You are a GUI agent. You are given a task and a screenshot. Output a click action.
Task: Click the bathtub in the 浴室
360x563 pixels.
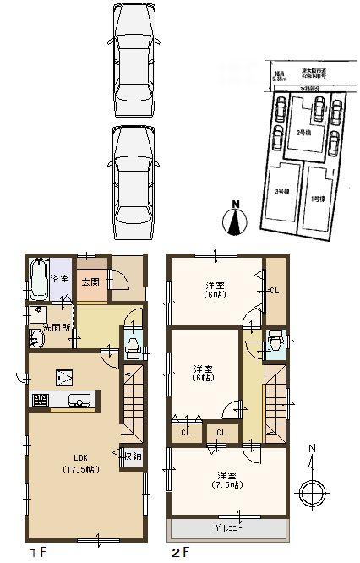point(37,280)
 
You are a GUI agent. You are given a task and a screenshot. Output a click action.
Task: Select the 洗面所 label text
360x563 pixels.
point(56,326)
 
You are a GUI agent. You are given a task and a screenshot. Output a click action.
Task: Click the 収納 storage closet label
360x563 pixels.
point(134,456)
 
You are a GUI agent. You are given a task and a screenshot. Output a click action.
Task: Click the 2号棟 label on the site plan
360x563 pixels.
point(303,133)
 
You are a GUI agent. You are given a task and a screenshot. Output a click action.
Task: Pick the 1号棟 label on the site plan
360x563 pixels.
point(316,199)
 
